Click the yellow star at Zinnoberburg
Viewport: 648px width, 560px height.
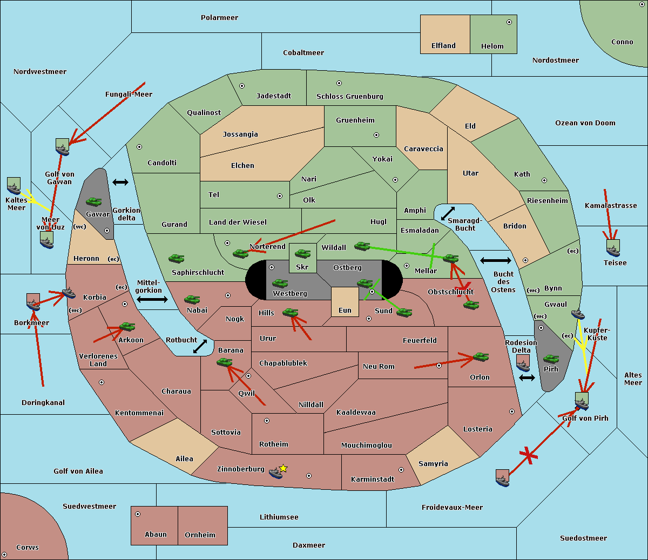click(283, 468)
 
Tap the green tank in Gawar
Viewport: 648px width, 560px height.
click(94, 202)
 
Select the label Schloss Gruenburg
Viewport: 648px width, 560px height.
click(349, 96)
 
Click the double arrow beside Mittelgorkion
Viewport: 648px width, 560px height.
click(152, 299)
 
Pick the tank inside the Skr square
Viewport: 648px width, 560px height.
click(302, 253)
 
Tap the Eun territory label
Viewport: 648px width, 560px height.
click(345, 310)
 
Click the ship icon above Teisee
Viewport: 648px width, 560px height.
click(613, 248)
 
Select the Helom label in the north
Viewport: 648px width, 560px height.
click(492, 46)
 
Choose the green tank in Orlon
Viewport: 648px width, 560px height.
click(481, 357)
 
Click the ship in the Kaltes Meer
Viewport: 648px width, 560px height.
click(13, 186)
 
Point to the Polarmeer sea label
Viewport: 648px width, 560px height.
click(219, 17)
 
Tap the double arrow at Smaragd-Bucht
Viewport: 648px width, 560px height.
click(448, 213)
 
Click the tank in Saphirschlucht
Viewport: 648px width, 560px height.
click(176, 259)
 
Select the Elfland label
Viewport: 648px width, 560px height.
click(443, 45)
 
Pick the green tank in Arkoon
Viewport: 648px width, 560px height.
click(127, 326)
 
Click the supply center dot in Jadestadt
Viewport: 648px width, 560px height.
click(242, 86)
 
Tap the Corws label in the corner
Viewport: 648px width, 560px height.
click(27, 547)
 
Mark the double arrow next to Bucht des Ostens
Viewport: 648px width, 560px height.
click(495, 261)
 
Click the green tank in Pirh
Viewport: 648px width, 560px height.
click(551, 359)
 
